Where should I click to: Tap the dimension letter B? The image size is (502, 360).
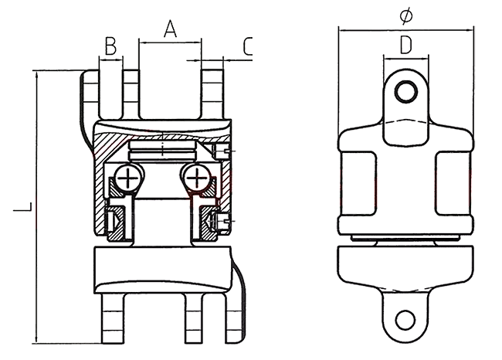pos(110,46)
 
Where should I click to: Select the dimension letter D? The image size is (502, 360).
pos(405,44)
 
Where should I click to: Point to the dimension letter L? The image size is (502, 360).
pos(25,207)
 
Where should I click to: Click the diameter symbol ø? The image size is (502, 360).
pos(406,15)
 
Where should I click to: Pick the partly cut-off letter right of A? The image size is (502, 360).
pos(246,46)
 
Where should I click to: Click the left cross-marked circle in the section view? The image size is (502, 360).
pos(127,179)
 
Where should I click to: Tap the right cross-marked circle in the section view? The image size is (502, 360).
pos(198,179)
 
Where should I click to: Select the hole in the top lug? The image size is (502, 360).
pos(405,93)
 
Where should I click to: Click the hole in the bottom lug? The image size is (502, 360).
pos(405,318)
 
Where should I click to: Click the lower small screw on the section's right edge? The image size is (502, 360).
pos(222,223)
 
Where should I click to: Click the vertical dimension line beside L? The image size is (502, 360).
pos(36,207)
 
